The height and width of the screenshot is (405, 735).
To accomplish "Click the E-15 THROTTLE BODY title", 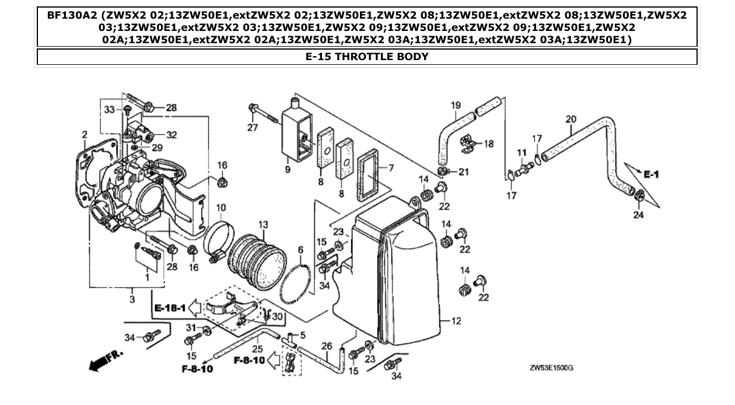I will (x=366, y=57).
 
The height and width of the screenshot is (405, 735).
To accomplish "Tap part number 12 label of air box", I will (x=456, y=320).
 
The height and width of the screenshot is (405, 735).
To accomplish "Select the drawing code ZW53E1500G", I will (x=551, y=368).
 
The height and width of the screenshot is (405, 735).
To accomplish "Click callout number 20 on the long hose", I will (x=570, y=119).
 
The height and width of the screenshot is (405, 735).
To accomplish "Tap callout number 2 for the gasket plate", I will (x=85, y=135).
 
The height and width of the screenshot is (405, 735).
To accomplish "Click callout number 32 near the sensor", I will (x=171, y=135).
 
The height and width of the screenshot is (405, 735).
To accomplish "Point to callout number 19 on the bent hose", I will (x=455, y=105).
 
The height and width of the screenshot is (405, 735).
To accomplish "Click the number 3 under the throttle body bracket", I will (x=132, y=299).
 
